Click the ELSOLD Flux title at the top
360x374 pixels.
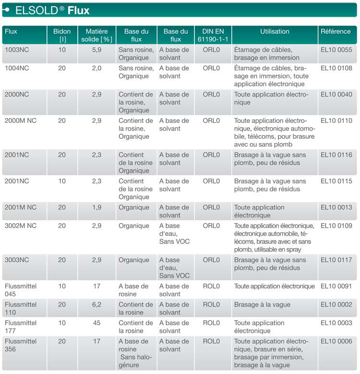coord(52,10)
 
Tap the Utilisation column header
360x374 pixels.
coord(275,32)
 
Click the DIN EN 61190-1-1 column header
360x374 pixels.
coord(212,35)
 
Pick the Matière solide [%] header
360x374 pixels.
coord(96,35)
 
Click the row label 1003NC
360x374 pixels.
coord(17,50)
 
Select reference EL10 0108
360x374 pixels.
coord(336,68)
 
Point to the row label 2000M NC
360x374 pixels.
coord(21,121)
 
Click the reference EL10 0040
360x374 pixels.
coord(336,95)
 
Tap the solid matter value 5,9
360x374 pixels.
coord(96,50)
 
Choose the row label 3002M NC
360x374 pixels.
coord(21,226)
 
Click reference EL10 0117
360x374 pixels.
coord(336,260)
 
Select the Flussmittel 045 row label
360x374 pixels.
coord(21,290)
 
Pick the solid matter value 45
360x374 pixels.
coord(96,323)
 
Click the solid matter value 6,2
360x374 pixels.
coord(96,305)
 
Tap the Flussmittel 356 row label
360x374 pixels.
coord(21,345)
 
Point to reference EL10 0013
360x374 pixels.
coord(336,207)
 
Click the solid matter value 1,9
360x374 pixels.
coord(96,207)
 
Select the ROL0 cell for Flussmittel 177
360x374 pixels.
coord(211,323)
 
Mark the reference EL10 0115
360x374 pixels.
coord(336,181)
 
